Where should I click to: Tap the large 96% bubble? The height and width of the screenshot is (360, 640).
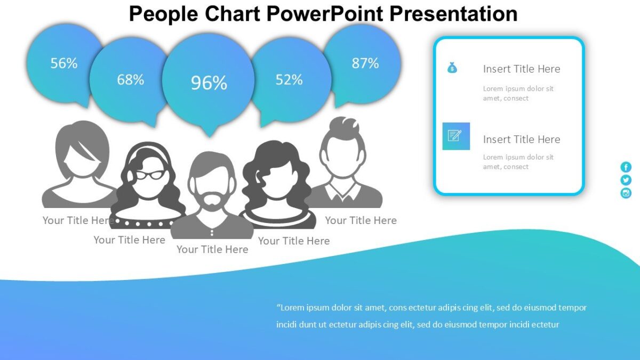(x=209, y=82)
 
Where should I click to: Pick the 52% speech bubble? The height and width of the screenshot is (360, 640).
(x=289, y=79)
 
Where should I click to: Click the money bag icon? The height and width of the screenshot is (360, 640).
(x=452, y=68)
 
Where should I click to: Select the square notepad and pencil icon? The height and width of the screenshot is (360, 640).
(x=456, y=136)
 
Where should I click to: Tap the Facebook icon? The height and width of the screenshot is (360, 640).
(x=626, y=167)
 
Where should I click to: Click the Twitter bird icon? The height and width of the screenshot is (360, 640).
(x=626, y=180)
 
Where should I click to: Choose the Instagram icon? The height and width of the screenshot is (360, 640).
(x=626, y=193)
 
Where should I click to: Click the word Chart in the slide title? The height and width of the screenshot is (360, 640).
(x=234, y=14)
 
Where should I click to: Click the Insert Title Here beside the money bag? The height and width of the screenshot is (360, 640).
(x=521, y=69)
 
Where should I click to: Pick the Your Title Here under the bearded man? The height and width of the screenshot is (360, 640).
(x=212, y=249)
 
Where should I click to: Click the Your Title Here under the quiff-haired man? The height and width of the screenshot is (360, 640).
(x=361, y=220)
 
